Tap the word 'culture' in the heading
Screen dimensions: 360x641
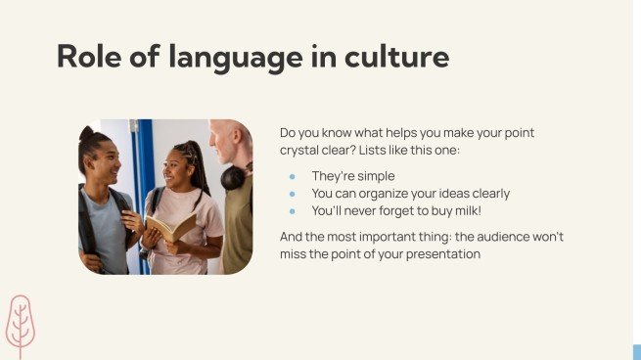pyautogui.click(x=396, y=57)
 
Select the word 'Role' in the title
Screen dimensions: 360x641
pyautogui.click(x=90, y=57)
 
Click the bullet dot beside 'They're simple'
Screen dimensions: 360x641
pyautogui.click(x=292, y=176)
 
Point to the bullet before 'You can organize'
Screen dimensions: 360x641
pyautogui.click(x=292, y=194)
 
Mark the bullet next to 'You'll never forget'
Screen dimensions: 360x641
pyautogui.click(x=292, y=210)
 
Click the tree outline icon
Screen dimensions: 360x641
pyautogui.click(x=20, y=325)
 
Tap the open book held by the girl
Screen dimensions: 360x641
pyautogui.click(x=168, y=228)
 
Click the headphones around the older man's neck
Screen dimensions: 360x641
pyautogui.click(x=234, y=176)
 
